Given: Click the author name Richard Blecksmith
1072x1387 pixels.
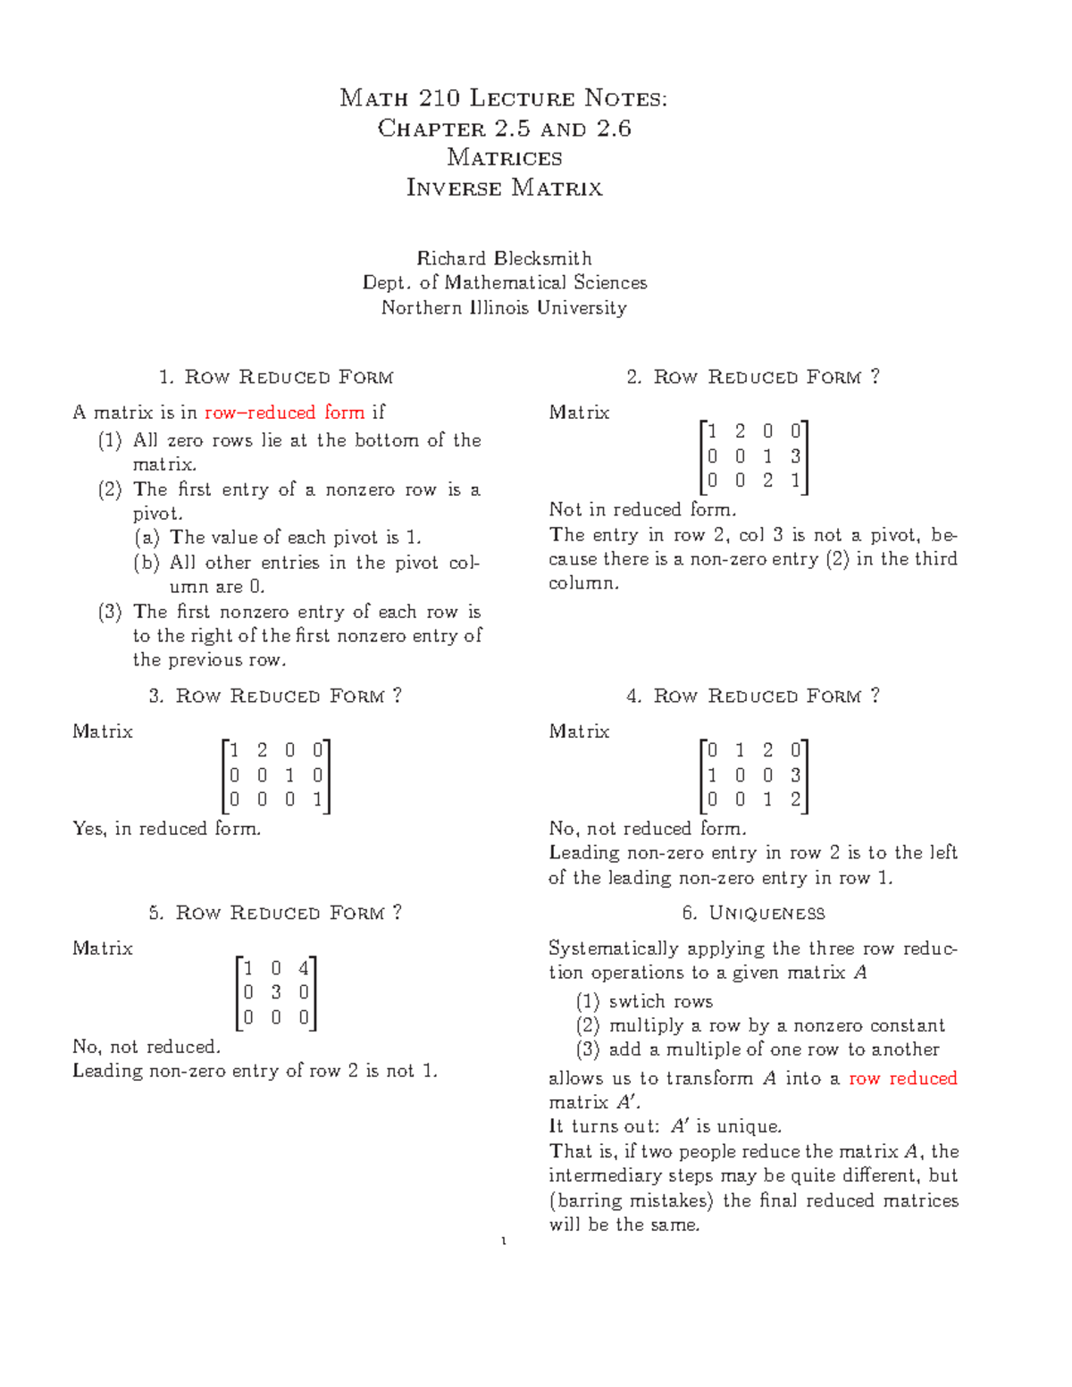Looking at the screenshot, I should pos(504,258).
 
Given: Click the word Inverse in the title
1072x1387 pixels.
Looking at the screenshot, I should pos(454,188).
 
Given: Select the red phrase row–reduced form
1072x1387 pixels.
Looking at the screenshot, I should pos(285,413).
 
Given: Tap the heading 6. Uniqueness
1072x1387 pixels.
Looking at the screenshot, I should pos(753,913).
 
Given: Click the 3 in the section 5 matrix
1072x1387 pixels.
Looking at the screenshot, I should pos(276,992).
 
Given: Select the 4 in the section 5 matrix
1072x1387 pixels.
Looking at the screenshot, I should pos(304,968).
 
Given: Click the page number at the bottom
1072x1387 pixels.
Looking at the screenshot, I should pos(505,1241).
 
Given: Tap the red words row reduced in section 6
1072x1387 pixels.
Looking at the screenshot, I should pos(902,1078).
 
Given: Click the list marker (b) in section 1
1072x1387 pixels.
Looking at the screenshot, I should pos(147,563).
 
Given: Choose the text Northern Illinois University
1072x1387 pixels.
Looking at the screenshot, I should pos(504,307).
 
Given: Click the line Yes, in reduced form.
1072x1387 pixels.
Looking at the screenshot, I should pos(167,829).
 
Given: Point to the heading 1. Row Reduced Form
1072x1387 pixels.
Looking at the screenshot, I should pos(276,377).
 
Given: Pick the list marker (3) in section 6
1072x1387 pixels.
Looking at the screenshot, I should pos(588,1049).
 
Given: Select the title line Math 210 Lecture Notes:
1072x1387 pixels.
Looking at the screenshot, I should pos(504,98).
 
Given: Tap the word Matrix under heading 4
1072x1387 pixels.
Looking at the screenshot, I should pos(579,731).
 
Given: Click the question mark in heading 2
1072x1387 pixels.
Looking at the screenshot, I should pos(875,376).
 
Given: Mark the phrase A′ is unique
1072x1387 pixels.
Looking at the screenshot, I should pos(726,1126).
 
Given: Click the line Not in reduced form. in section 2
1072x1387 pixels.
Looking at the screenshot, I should pos(643,510).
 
